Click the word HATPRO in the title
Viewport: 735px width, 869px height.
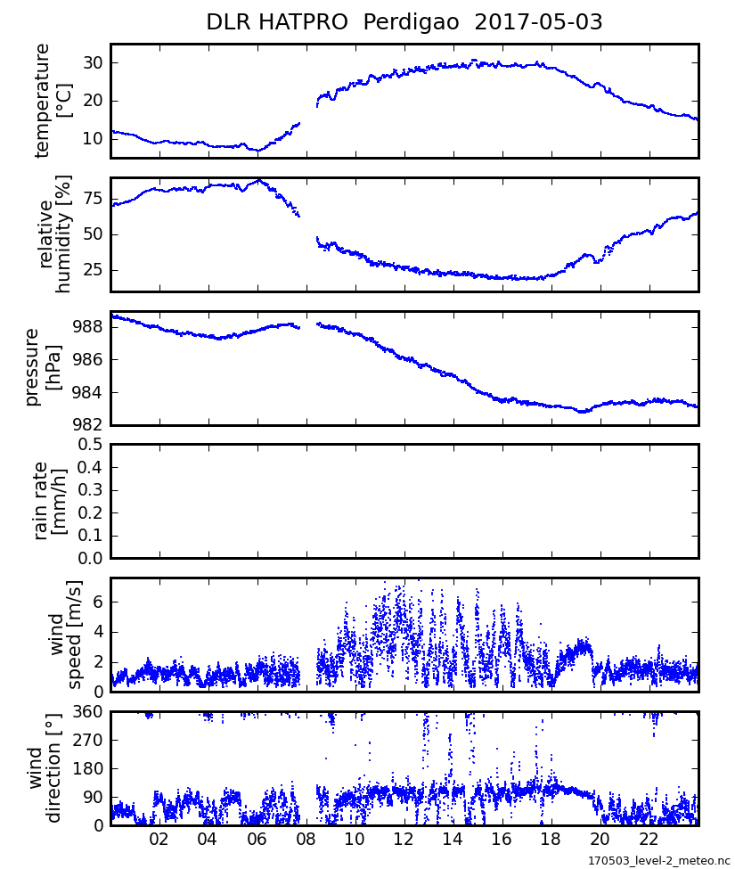coord(306,22)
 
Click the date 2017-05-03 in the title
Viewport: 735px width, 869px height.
coord(538,22)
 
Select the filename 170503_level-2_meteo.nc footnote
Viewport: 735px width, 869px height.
coord(658,860)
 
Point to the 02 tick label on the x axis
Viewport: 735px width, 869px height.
coord(159,840)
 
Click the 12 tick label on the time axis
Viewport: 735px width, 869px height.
coord(404,840)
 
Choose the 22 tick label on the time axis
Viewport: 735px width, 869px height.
coord(649,840)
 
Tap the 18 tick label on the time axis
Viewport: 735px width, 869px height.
coord(551,840)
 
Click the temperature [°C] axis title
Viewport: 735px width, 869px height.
coord(53,101)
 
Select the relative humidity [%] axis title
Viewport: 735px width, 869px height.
coord(53,234)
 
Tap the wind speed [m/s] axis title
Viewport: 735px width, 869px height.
coord(66,635)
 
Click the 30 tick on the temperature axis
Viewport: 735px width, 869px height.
coord(94,62)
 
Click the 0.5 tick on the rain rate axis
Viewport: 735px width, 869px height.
coord(90,444)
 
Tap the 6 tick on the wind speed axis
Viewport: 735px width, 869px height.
coord(99,602)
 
